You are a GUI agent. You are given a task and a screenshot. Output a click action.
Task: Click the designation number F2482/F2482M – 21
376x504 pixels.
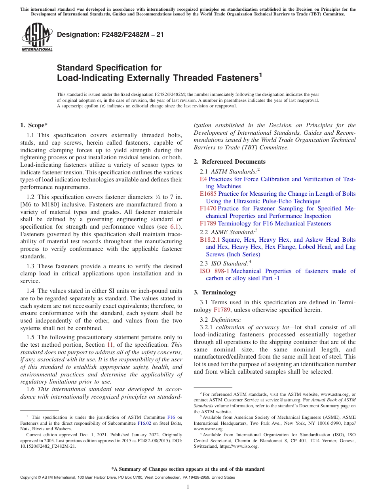click(110, 35)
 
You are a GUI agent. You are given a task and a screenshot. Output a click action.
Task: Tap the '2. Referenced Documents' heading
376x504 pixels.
click(230, 162)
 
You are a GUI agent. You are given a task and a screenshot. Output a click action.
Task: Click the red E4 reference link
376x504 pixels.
click(203, 179)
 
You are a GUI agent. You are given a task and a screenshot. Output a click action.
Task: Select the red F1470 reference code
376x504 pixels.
click(208, 208)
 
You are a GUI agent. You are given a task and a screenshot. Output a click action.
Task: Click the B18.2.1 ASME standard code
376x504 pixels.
click(210, 240)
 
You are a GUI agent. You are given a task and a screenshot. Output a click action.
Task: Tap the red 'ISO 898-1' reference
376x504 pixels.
click(214, 271)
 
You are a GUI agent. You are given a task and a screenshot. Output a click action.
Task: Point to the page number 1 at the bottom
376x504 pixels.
click(188, 487)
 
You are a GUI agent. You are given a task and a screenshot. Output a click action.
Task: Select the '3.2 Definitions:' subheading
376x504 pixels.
click(220, 319)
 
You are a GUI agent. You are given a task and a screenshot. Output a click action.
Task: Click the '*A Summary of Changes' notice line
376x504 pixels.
click(188, 469)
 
